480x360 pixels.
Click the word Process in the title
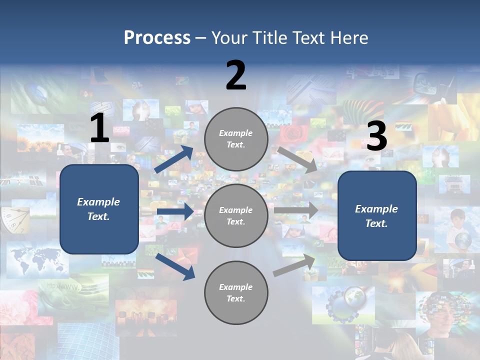point(157,38)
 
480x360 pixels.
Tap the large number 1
point(99,128)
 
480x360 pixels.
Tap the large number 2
point(236,76)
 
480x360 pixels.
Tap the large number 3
point(376,136)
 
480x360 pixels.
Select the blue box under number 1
point(99,209)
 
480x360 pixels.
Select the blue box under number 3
point(377,216)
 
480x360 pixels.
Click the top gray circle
point(236,139)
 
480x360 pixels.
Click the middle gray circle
point(236,216)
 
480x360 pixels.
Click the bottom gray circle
point(236,293)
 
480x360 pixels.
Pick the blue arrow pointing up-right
point(173,159)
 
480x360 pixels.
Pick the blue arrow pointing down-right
point(175,266)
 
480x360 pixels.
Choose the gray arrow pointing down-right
point(297,159)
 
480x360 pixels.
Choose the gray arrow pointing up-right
point(294,265)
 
